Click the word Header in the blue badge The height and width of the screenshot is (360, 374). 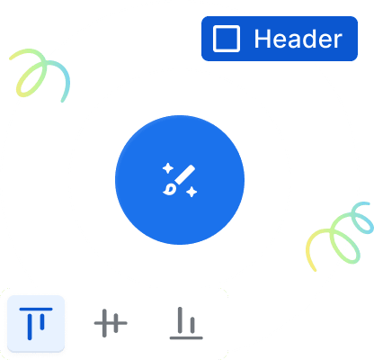pyautogui.click(x=298, y=39)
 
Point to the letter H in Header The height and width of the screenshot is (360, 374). pyautogui.click(x=262, y=39)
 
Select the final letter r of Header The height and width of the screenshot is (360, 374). pyautogui.click(x=337, y=40)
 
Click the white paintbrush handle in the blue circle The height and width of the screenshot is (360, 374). pyautogui.click(x=185, y=175)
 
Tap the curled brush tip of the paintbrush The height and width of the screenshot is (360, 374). pyautogui.click(x=170, y=190)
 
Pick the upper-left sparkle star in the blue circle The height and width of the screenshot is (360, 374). pyautogui.click(x=168, y=168)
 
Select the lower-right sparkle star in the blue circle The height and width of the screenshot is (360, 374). pyautogui.click(x=191, y=192)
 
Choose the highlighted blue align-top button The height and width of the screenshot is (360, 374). pyautogui.click(x=36, y=323)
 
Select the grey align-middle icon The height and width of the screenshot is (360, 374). pyautogui.click(x=111, y=323)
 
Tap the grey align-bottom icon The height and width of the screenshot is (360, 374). pyautogui.click(x=186, y=323)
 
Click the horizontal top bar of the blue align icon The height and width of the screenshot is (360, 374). pyautogui.click(x=36, y=309)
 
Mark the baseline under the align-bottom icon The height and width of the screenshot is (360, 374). pyautogui.click(x=186, y=337)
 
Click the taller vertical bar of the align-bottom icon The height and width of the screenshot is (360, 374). pyautogui.click(x=180, y=319)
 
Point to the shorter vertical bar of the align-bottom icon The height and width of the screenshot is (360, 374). pyautogui.click(x=192, y=325)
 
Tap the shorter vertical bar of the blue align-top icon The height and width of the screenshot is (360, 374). pyautogui.click(x=42, y=322)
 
